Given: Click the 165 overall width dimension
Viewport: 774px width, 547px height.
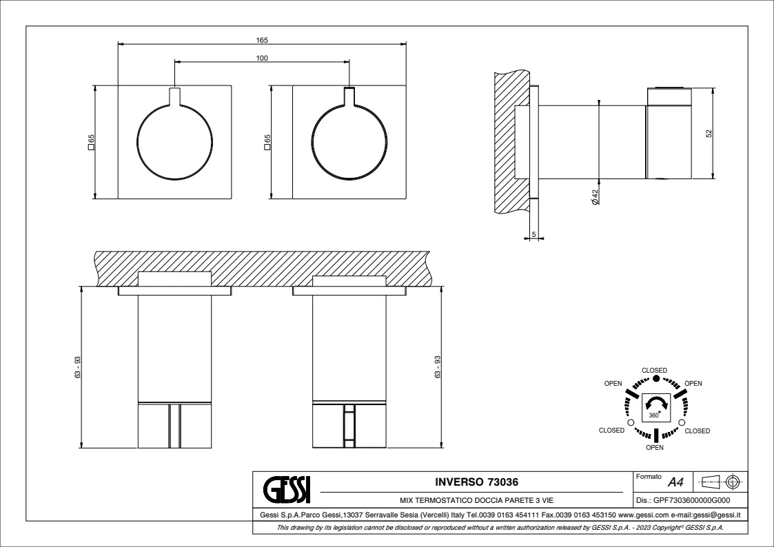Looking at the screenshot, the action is (262, 41).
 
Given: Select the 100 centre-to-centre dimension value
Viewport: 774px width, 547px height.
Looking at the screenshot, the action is (262, 58).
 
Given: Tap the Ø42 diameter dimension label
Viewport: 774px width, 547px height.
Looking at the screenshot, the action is (595, 197).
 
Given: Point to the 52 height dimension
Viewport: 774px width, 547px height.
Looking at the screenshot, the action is (709, 134).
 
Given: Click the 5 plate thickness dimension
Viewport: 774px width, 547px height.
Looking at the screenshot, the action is (533, 235).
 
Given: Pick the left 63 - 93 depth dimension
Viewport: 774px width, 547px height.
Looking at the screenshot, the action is (77, 367).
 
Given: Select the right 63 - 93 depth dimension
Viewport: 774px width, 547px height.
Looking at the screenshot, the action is (438, 367).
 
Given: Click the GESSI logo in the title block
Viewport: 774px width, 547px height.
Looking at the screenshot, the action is (287, 489).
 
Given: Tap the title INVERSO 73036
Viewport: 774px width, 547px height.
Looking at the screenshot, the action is (476, 482).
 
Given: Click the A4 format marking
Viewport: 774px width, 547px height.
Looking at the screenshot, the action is (675, 482).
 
